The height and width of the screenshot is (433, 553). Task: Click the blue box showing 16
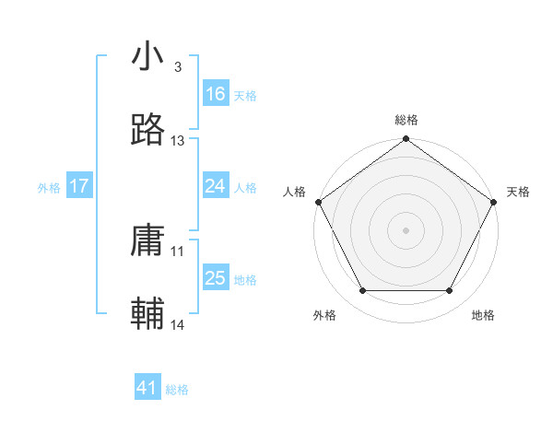point(216,94)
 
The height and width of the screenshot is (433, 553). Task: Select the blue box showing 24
point(216,186)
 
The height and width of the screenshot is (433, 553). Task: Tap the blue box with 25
point(216,278)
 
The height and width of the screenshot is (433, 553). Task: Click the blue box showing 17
point(79,186)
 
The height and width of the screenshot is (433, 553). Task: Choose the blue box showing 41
point(147,389)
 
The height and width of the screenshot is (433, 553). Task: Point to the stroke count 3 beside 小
point(177,67)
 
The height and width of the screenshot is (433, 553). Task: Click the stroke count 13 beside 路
point(178,141)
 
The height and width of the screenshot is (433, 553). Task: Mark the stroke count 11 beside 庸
point(178,251)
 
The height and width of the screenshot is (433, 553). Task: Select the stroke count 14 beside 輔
point(178,324)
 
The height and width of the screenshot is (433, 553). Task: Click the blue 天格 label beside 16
point(245,95)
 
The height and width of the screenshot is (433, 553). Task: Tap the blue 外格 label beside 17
point(49,187)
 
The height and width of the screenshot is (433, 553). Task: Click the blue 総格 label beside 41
point(177,390)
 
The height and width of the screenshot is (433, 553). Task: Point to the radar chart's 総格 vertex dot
point(406,140)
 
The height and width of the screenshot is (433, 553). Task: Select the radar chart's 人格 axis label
point(294,192)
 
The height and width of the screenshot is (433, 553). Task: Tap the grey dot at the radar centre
point(406,229)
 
